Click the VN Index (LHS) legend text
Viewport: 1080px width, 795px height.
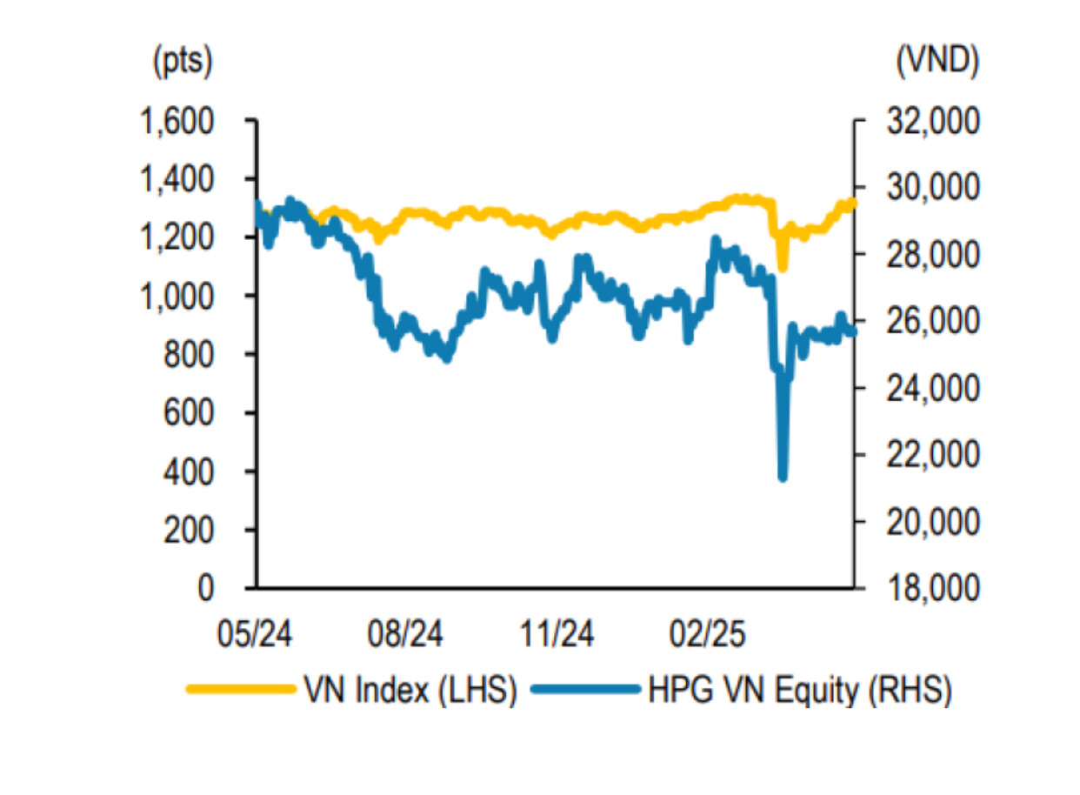410,691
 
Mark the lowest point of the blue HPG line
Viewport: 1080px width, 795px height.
783,476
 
